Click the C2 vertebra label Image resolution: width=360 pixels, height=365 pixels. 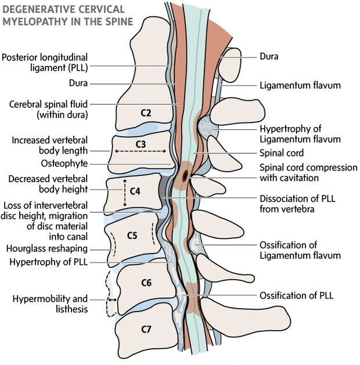tap(146, 113)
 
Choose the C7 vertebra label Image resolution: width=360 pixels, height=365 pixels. tap(146, 329)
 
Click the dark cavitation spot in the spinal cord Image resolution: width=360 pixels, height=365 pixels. tap(185, 174)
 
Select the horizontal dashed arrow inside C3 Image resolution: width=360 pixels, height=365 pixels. tap(141, 151)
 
